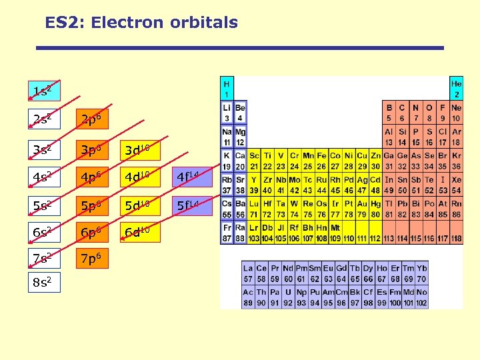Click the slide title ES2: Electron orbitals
tap(141, 23)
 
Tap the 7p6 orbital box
tap(91, 257)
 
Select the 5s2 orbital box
tap(43, 204)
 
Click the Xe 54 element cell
tap(456, 185)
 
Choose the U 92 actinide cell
tap(288, 298)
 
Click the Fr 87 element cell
tap(227, 233)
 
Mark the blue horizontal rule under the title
tap(240, 48)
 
